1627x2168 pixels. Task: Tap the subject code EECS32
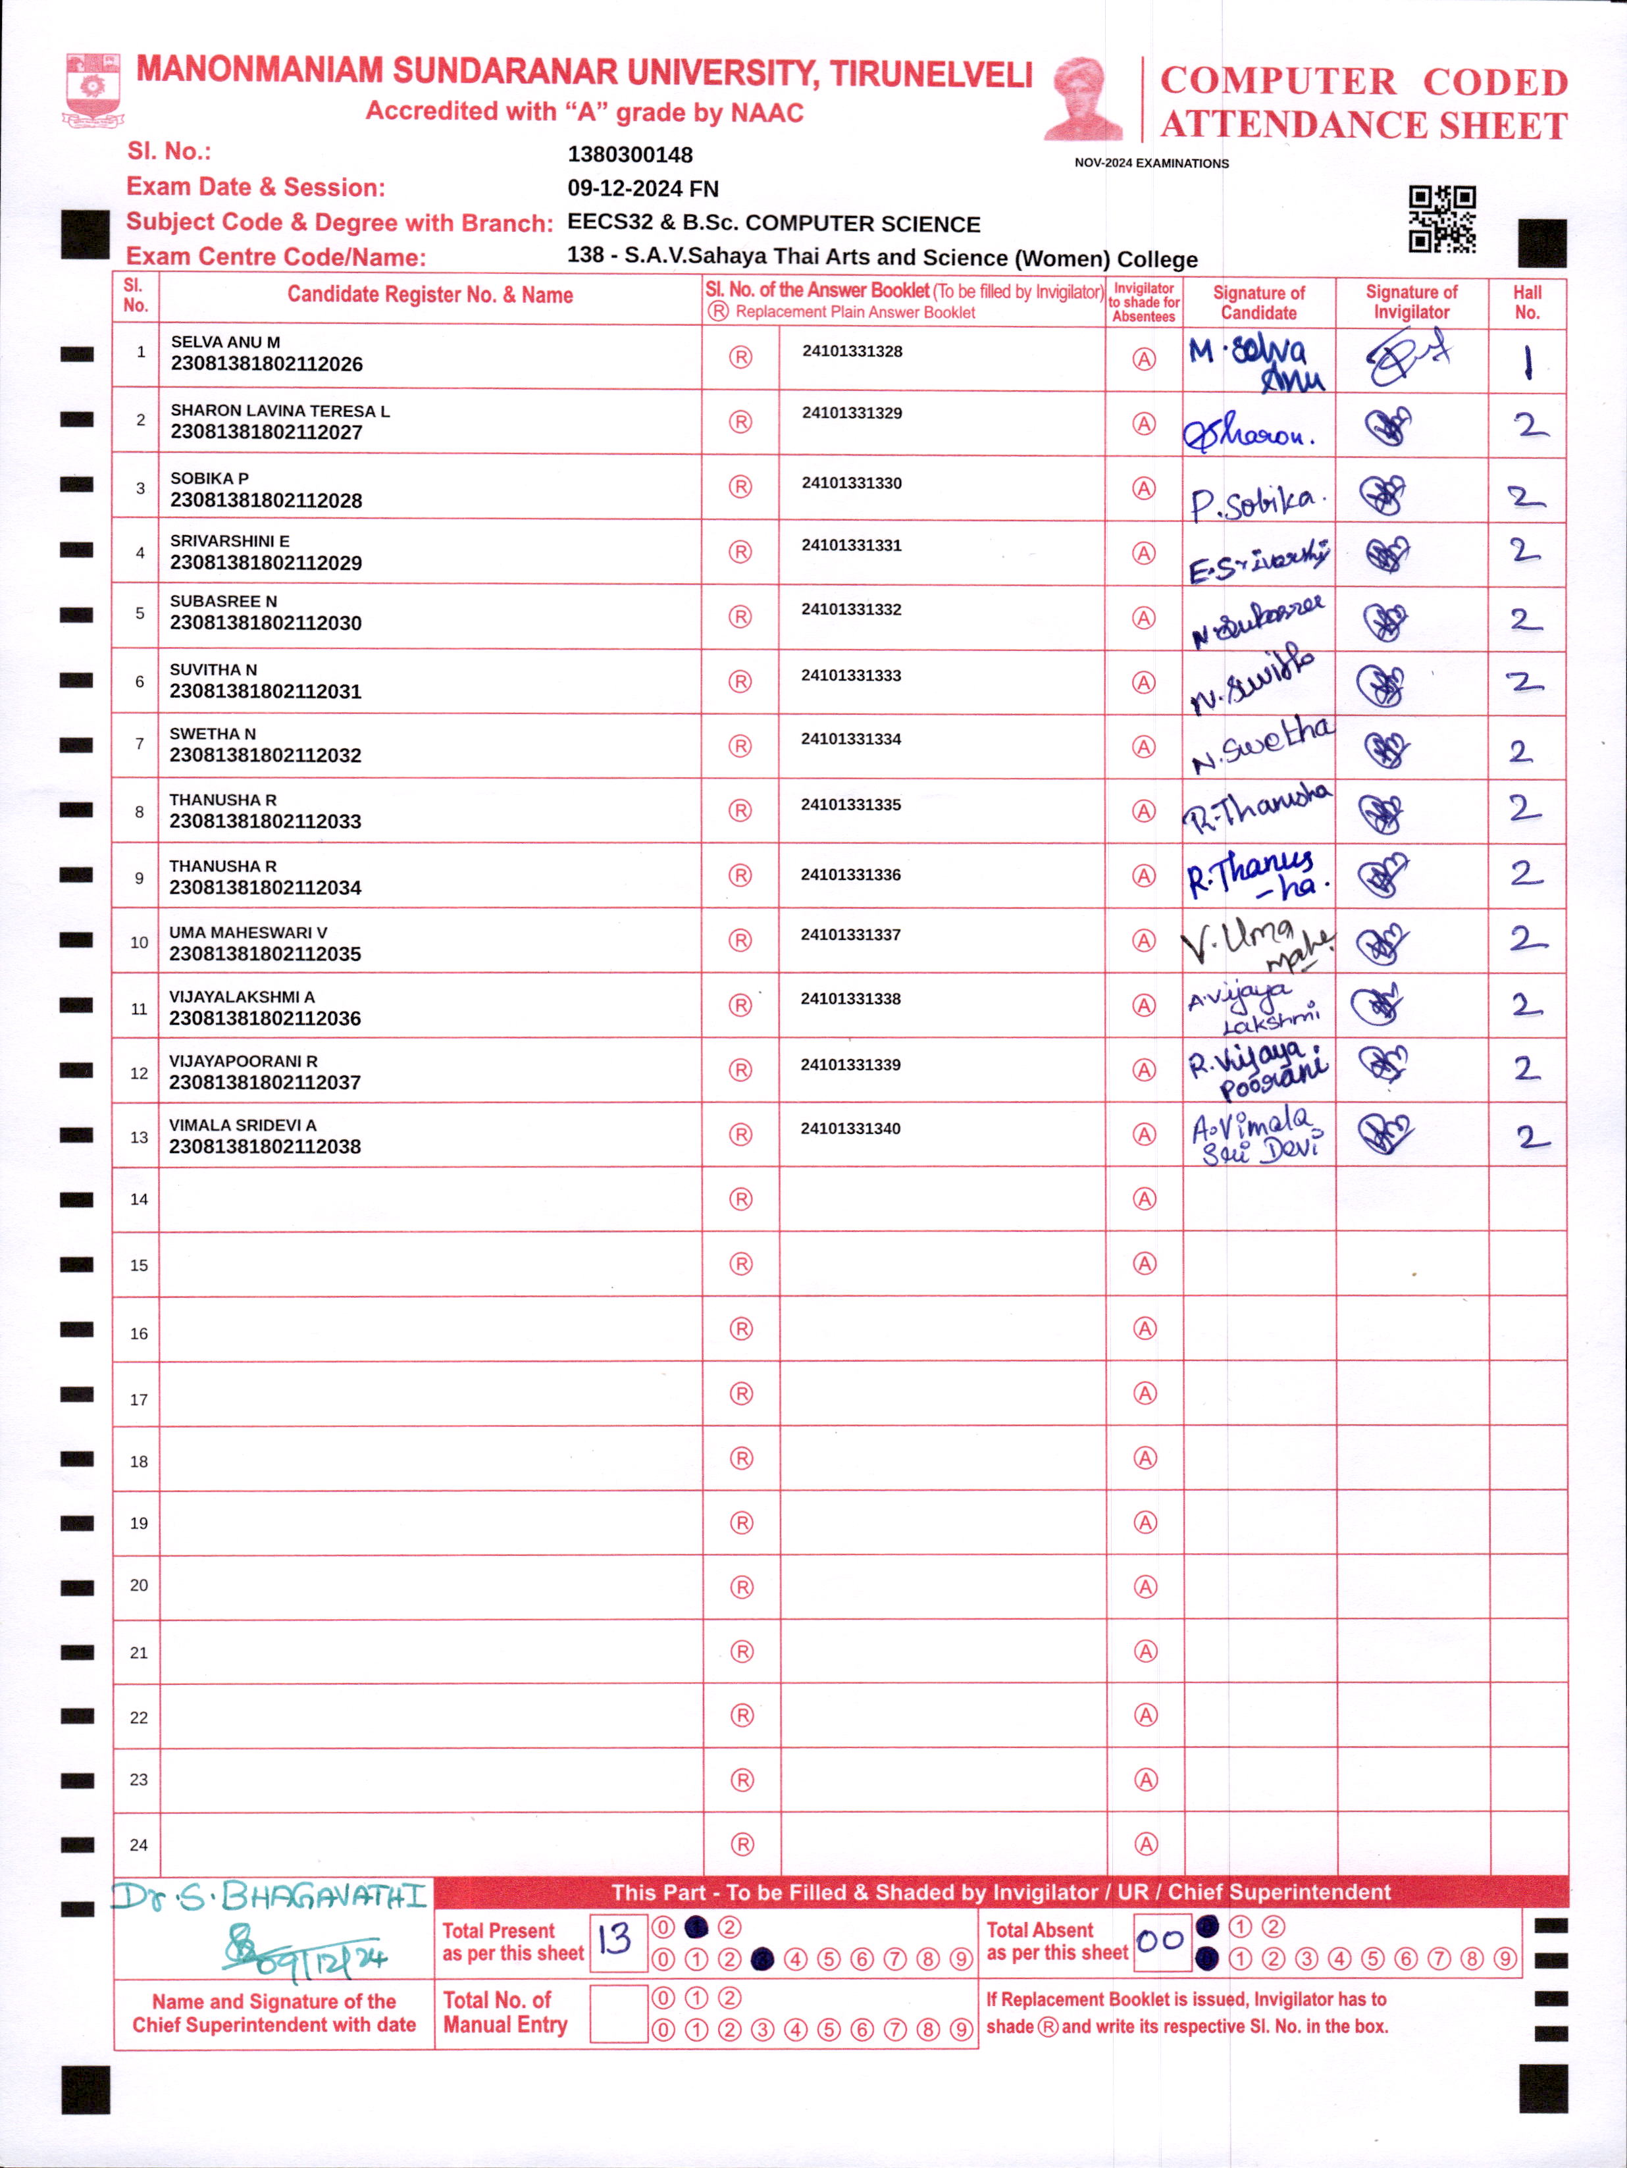coord(609,222)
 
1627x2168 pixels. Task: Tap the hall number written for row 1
coord(1526,363)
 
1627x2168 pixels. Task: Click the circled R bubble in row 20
coord(742,1587)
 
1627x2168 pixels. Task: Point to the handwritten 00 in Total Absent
coord(1160,1940)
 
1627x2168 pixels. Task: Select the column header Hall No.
coord(1526,302)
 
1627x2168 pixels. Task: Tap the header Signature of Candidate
coord(1258,302)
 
